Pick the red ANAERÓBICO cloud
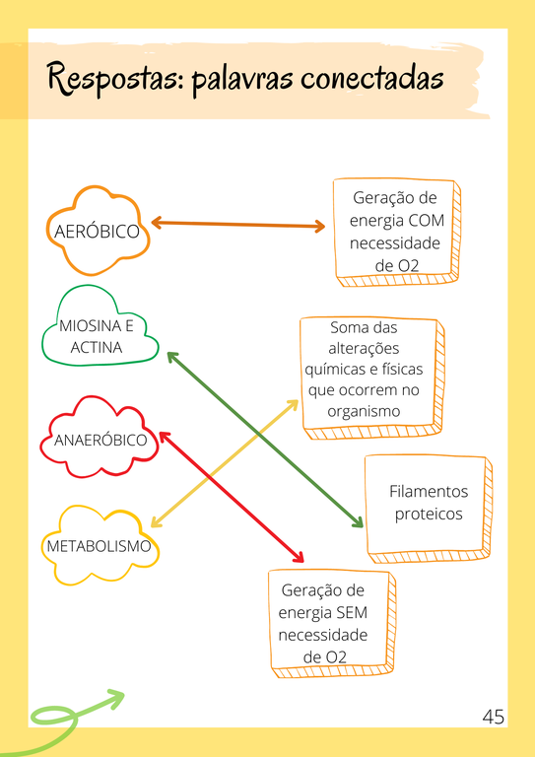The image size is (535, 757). click(x=100, y=440)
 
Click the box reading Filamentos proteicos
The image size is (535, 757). click(x=428, y=503)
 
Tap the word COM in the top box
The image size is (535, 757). click(x=426, y=221)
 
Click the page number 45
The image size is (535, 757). click(x=494, y=717)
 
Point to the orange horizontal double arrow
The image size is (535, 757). click(x=237, y=225)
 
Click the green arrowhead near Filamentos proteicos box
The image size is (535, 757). click(x=357, y=522)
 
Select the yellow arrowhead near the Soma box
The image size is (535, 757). click(x=294, y=403)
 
